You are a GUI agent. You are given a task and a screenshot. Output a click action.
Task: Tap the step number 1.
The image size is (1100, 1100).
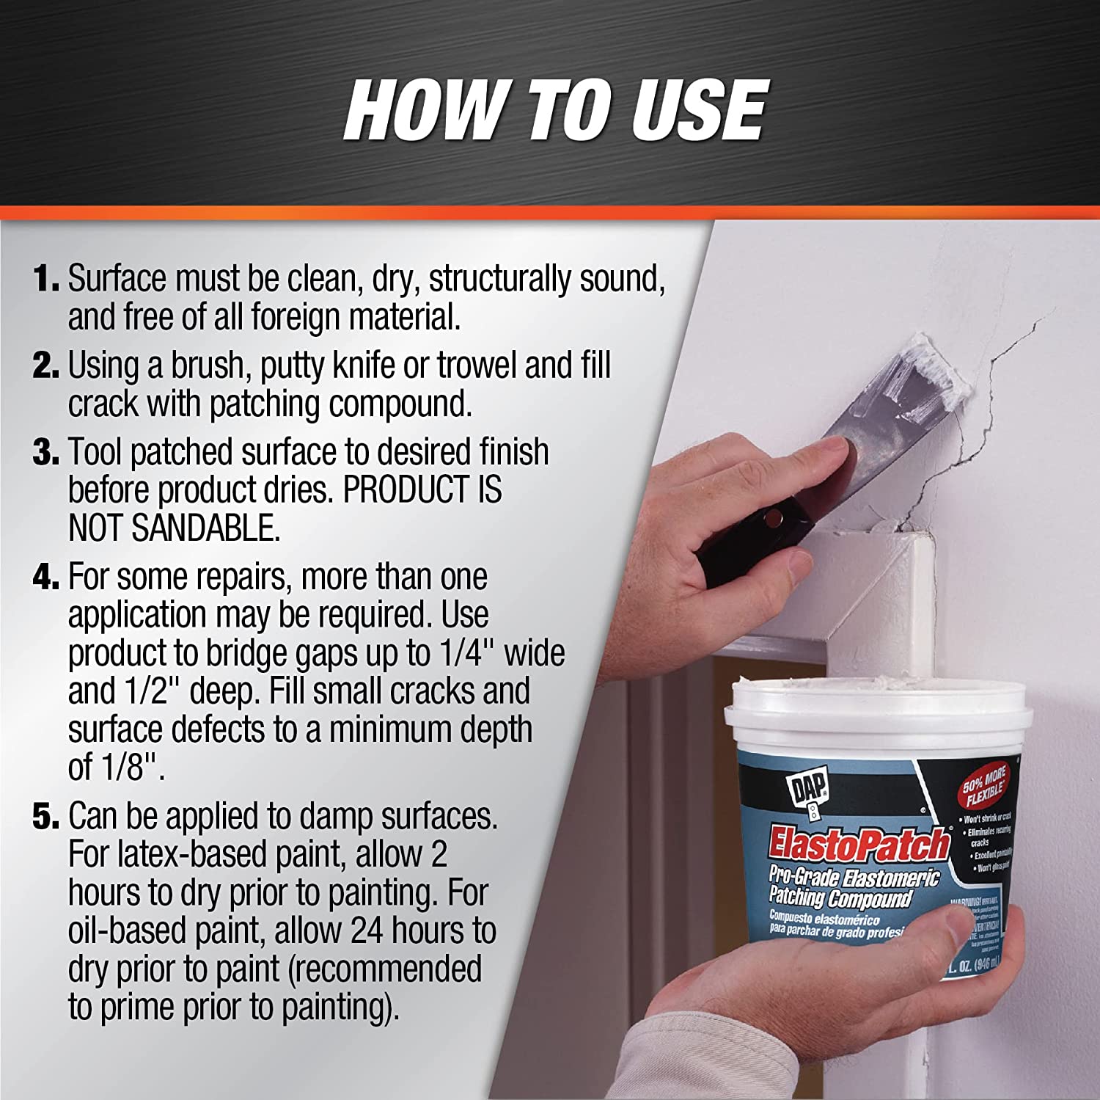(45, 279)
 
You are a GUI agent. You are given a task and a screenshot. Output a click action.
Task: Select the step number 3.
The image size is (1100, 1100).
(45, 452)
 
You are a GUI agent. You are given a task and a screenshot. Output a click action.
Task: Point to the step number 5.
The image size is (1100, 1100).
(45, 816)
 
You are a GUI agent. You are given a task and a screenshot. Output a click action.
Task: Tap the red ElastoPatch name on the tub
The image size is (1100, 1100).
(858, 845)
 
